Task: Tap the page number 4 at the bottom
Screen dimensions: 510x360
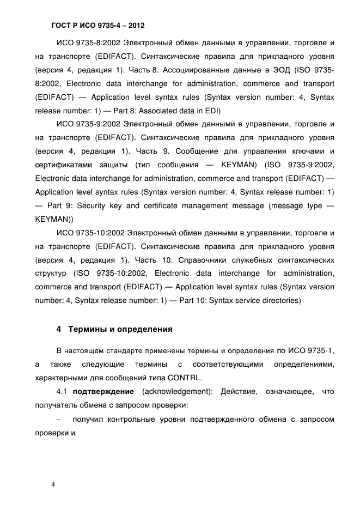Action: pyautogui.click(x=53, y=484)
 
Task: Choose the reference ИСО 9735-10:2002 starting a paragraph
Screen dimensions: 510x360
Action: pyautogui.click(x=87, y=233)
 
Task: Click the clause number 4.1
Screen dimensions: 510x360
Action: pyautogui.click(x=63, y=392)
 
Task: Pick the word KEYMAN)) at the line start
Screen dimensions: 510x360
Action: pyautogui.click(x=54, y=219)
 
